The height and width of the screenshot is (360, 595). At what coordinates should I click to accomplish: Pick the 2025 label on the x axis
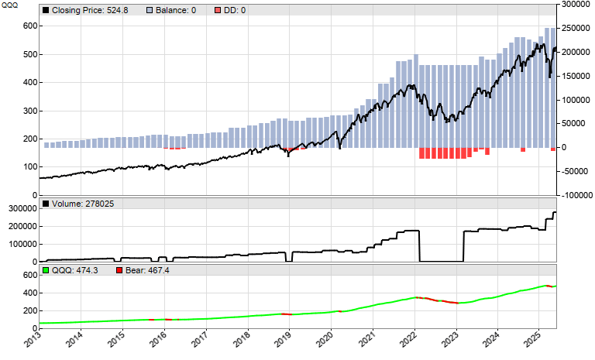pos(539,341)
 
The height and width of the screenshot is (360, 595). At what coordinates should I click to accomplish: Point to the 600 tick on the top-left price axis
pos(30,26)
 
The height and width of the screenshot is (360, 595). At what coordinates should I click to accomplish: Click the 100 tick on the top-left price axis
pos(30,166)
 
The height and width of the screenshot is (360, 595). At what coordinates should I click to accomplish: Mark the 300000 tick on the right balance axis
pos(573,5)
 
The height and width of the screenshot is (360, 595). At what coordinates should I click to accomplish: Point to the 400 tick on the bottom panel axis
pos(30,293)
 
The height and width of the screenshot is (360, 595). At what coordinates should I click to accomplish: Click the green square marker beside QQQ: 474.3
pos(45,270)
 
